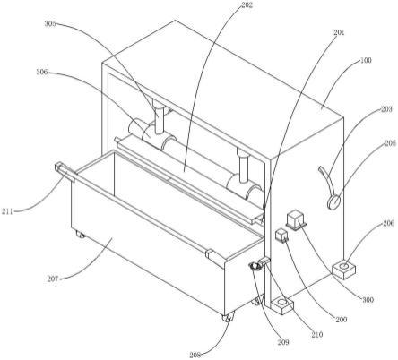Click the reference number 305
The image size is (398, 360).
click(x=50, y=23)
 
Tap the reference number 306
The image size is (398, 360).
click(x=42, y=72)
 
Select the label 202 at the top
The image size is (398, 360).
click(x=247, y=5)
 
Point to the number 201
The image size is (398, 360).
click(x=339, y=32)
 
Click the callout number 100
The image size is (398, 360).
click(x=366, y=60)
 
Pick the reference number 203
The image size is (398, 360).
click(x=386, y=109)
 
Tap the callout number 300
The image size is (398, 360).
click(x=368, y=299)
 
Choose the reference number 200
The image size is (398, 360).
click(x=341, y=320)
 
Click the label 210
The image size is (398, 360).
click(x=317, y=335)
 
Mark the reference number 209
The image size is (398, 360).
click(x=283, y=342)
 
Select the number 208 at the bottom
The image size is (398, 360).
click(x=195, y=355)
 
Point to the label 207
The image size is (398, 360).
click(x=53, y=279)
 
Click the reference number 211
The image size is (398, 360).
click(x=7, y=211)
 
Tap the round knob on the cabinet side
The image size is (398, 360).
click(x=334, y=202)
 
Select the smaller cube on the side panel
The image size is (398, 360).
click(x=281, y=236)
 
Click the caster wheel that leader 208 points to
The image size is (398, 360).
click(x=228, y=318)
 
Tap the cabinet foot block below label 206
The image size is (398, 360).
click(x=344, y=270)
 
